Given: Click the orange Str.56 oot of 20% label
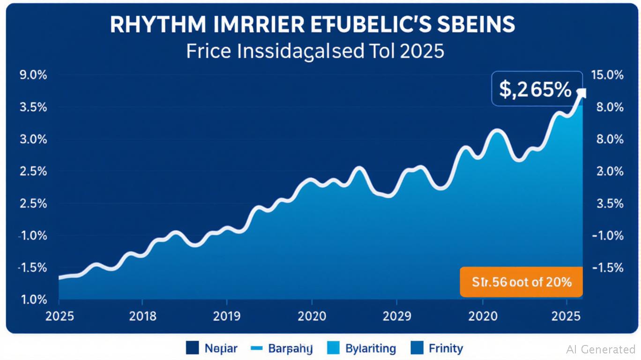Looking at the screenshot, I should click(521, 282).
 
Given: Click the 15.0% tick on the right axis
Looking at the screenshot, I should click(608, 75).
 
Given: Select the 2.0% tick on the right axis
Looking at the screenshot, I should click(608, 172).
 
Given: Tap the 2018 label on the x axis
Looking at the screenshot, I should click(142, 316).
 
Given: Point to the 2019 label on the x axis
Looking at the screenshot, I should click(227, 316).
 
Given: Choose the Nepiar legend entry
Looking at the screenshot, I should click(212, 348).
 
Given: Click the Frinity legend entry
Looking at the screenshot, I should click(437, 348).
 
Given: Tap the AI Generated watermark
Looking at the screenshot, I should click(601, 349).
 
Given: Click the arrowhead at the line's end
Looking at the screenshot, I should click(581, 93).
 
